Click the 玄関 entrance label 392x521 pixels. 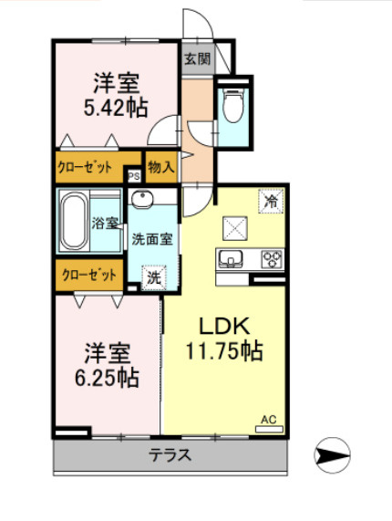tap(198, 59)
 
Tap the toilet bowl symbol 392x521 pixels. tap(233, 105)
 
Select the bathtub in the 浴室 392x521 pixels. tap(73, 222)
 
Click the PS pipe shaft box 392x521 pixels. tap(134, 176)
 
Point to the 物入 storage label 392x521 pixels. tap(161, 166)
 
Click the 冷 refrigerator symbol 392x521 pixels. tap(271, 201)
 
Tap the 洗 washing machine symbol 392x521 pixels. tap(154, 277)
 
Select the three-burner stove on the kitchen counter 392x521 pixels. tap(273, 259)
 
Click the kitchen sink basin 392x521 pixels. tap(231, 258)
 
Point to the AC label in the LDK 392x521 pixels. tap(269, 420)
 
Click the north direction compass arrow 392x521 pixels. tap(332, 455)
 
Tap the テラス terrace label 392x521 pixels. tap(170, 455)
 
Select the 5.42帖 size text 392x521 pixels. tap(116, 108)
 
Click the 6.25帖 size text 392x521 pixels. tap(107, 378)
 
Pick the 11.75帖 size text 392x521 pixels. tap(224, 351)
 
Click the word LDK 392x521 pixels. tap(224, 326)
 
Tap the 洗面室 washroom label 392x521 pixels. tap(152, 239)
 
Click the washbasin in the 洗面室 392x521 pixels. tap(142, 199)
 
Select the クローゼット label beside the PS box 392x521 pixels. tap(85, 167)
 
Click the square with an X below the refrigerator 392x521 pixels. tap(235, 228)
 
